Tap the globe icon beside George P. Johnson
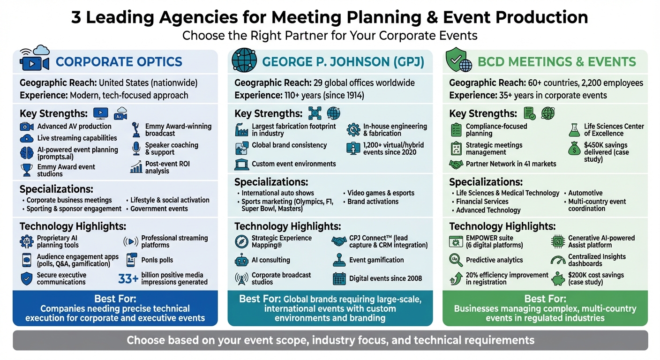245,60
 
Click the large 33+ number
128,279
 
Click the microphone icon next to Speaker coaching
136,149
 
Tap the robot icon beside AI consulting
241,260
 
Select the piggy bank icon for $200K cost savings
558,278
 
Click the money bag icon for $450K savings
574,149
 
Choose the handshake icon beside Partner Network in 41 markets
456,164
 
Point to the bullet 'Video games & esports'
381,193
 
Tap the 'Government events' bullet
159,209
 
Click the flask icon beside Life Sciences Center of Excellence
574,130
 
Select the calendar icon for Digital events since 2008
339,278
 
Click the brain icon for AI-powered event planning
27,153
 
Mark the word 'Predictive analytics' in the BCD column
494,260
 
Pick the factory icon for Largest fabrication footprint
241,130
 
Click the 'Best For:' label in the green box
545,299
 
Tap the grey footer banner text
330,340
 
